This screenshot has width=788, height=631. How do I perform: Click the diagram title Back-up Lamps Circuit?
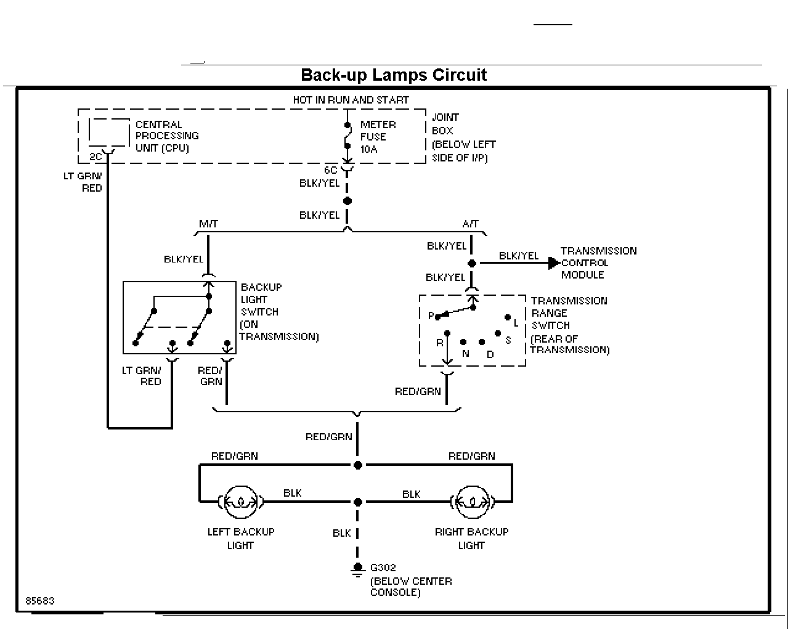click(x=394, y=75)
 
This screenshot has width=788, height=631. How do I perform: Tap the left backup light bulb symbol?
click(x=240, y=502)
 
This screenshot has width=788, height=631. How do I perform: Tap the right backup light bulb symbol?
click(x=473, y=502)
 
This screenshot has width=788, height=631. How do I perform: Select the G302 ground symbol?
click(x=357, y=569)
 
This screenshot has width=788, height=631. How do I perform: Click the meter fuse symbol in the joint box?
click(x=347, y=136)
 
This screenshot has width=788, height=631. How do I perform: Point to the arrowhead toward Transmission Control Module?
click(x=554, y=263)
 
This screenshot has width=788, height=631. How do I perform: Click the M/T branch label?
click(x=208, y=224)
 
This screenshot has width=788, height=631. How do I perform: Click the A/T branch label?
click(x=471, y=224)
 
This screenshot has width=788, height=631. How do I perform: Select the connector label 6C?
click(x=330, y=170)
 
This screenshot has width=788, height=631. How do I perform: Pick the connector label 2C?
click(x=95, y=157)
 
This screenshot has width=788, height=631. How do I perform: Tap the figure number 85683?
click(x=40, y=601)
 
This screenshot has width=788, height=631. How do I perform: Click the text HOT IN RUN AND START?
click(x=351, y=100)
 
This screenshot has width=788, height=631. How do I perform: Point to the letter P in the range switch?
click(x=431, y=315)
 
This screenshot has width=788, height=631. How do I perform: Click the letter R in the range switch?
click(x=439, y=343)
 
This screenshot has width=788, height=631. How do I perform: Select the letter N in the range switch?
click(x=465, y=354)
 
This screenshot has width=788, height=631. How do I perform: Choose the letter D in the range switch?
click(x=490, y=354)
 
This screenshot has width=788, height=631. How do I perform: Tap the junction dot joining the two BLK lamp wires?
click(x=358, y=502)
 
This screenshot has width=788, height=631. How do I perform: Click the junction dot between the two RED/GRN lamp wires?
click(x=358, y=465)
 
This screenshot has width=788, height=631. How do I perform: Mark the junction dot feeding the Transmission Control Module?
click(x=472, y=263)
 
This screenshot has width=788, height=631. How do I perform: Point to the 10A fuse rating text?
click(x=368, y=149)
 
